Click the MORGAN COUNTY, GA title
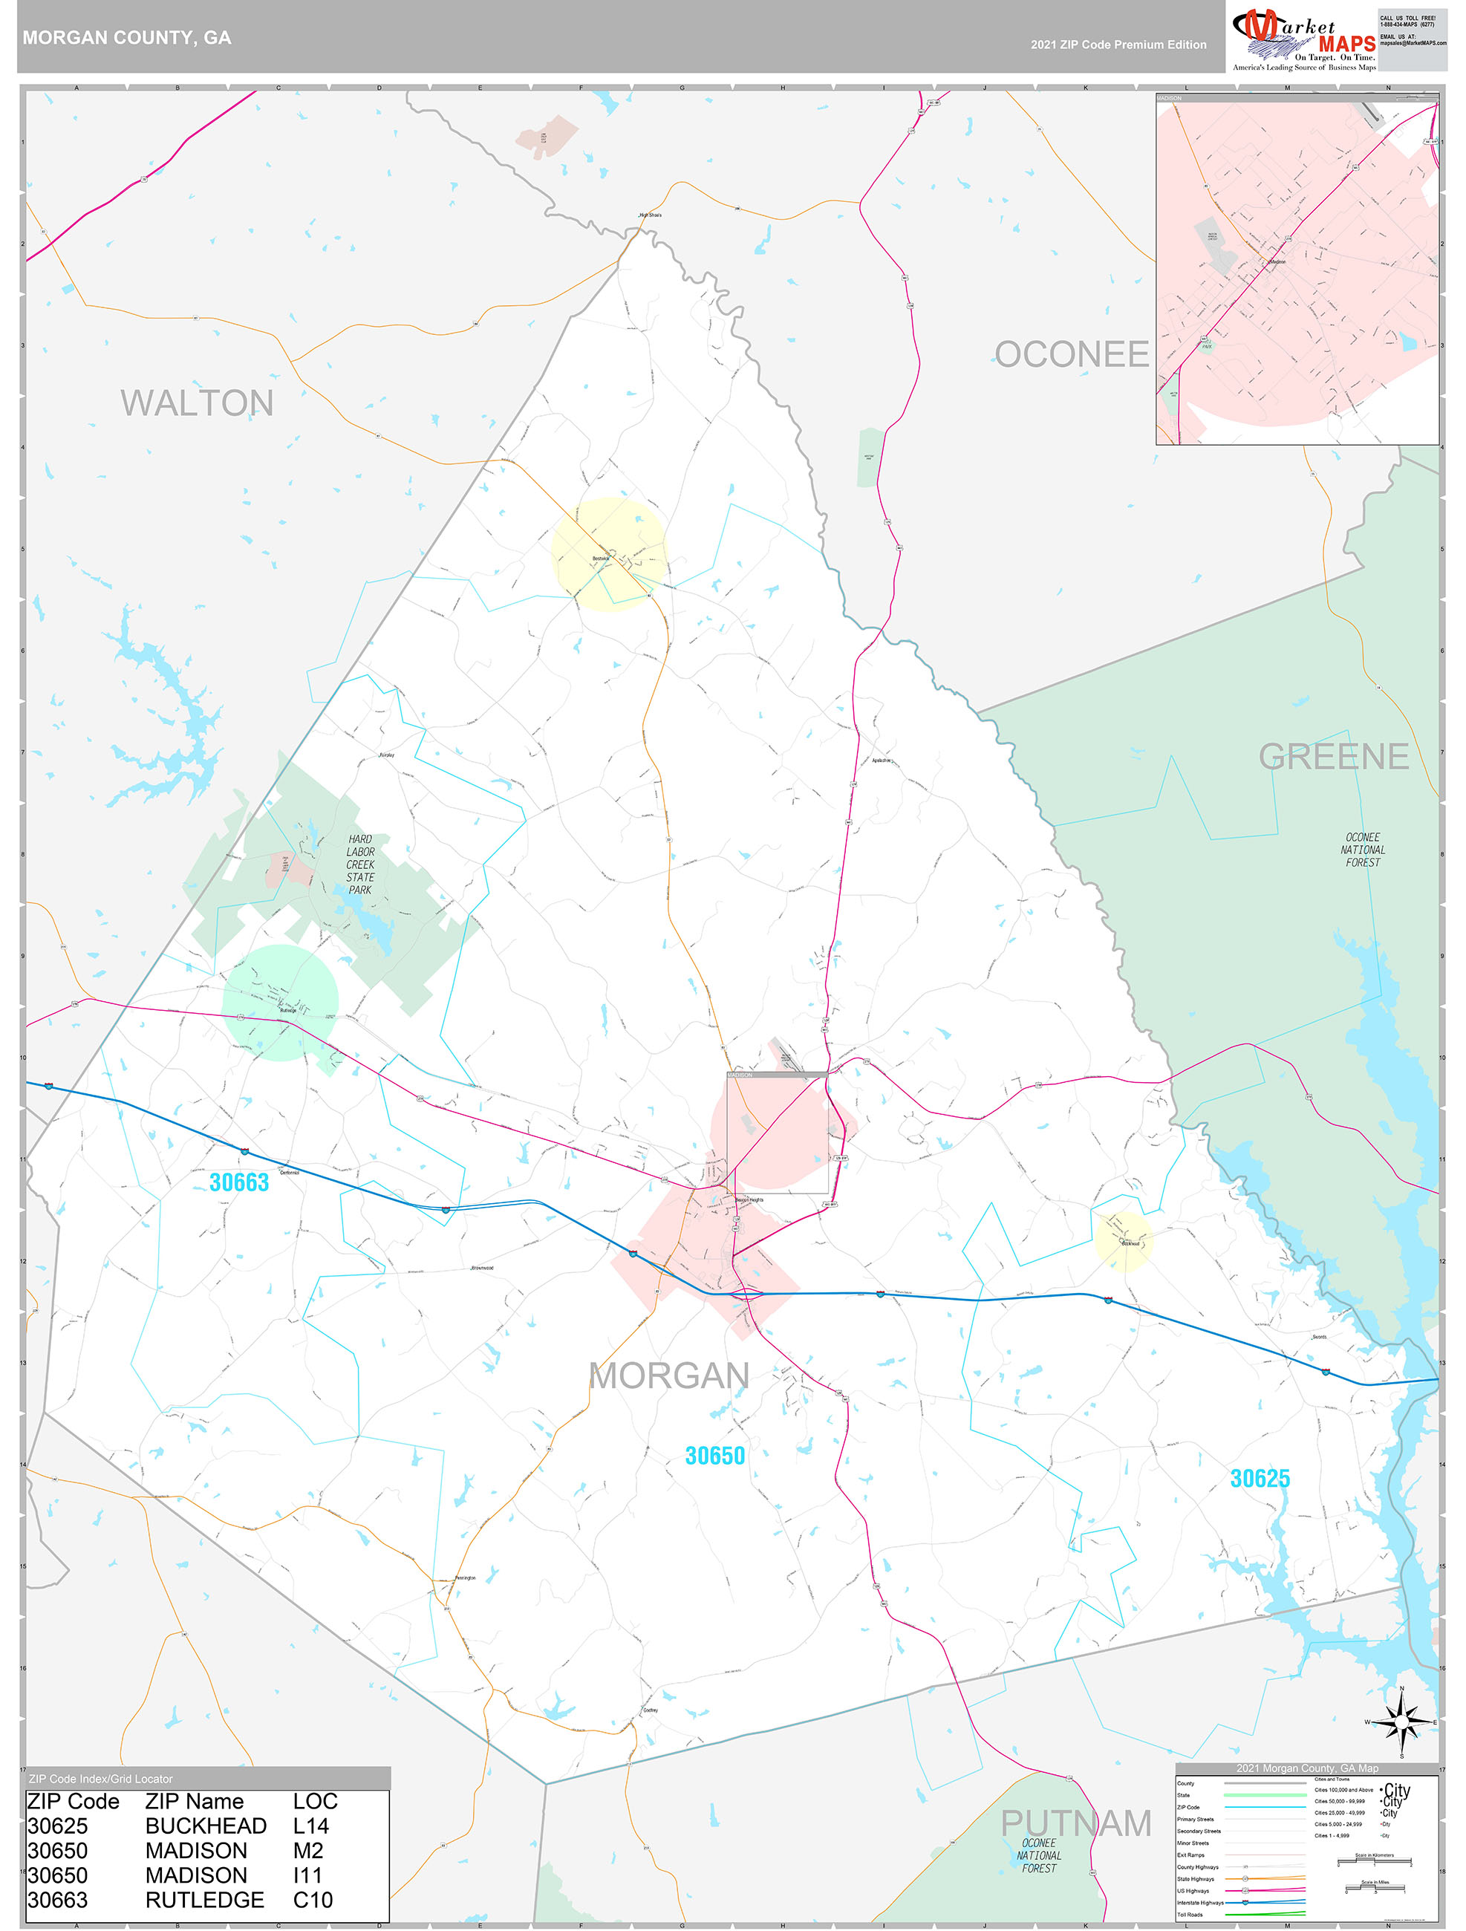point(126,38)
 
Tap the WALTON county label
point(198,403)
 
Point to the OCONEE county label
point(1072,354)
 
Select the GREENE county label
point(1333,757)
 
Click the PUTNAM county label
point(1075,1823)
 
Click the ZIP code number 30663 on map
point(239,1182)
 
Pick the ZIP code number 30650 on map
point(714,1455)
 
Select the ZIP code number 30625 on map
point(1259,1479)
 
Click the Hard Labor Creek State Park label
point(359,864)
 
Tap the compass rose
point(1401,1722)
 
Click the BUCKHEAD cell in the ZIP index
point(206,1826)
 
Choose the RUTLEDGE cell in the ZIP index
point(204,1900)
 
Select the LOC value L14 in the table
point(311,1826)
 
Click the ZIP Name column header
point(194,1802)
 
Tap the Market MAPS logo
point(1303,39)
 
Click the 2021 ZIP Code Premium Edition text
point(1118,45)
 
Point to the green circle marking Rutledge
point(280,1002)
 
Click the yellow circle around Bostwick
point(608,554)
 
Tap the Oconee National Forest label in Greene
point(1362,850)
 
